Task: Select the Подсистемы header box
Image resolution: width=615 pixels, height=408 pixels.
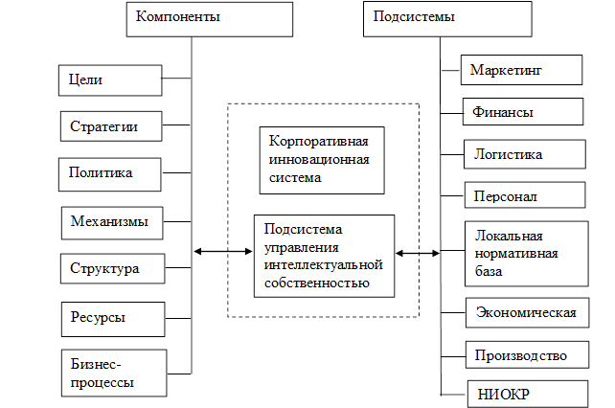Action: coord(446,18)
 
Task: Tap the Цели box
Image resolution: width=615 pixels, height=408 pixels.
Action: coord(108,79)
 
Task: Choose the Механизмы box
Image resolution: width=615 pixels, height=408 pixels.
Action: coord(110,221)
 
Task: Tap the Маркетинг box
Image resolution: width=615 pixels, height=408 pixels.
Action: coord(522,70)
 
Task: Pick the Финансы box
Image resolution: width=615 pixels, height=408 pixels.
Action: coord(522,112)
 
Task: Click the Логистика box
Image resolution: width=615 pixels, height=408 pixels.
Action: coord(524,153)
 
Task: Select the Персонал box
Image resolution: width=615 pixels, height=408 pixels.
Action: coord(524,195)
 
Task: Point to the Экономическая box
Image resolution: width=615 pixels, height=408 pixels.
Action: coord(528,313)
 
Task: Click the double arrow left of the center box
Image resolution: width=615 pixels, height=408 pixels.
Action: coord(222,253)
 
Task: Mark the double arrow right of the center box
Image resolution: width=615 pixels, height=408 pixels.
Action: coord(418,254)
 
